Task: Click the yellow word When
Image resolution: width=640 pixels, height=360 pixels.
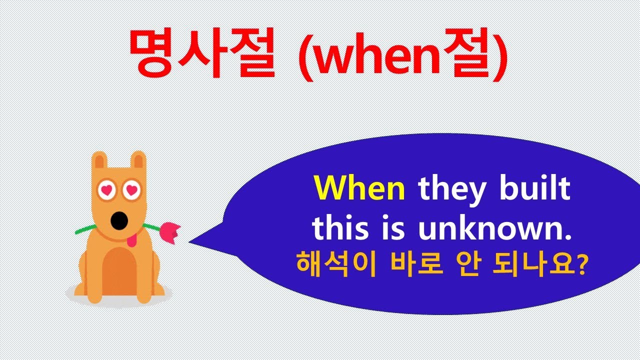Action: pos(359,189)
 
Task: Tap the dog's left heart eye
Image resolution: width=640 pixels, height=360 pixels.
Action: pos(106,189)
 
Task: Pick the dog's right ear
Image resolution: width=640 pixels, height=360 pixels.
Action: pos(138,160)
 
